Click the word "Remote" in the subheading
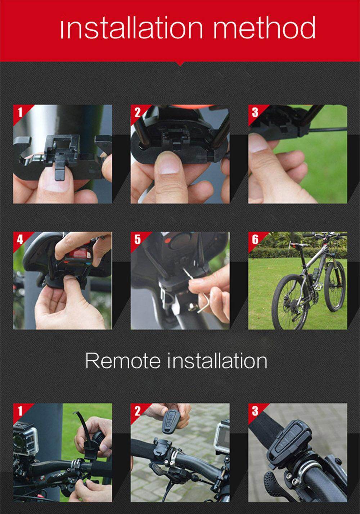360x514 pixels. point(123,361)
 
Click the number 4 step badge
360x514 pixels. point(20,239)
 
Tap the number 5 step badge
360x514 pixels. point(138,239)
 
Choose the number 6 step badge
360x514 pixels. point(255,239)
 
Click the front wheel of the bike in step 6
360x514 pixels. point(335,287)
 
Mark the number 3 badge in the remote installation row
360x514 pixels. point(255,411)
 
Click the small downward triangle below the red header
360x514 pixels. point(180,64)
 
